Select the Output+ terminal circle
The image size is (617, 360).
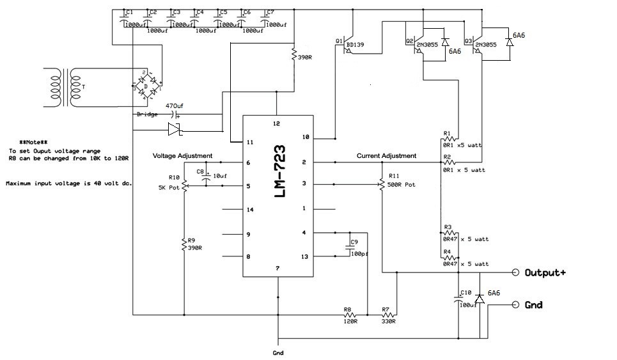coord(515,272)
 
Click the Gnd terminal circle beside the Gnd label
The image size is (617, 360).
coord(515,304)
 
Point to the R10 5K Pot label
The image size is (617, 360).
coord(169,183)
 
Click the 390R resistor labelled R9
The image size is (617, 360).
coord(184,244)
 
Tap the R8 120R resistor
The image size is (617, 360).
coord(350,315)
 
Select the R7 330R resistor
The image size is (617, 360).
coord(389,315)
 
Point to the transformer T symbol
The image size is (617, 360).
coord(63,88)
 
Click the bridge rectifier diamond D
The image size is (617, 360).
coord(148,86)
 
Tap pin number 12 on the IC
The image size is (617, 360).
coord(276,123)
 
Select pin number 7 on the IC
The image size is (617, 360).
coord(277,269)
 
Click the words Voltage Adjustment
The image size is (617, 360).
coord(183,156)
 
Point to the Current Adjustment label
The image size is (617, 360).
coord(386,156)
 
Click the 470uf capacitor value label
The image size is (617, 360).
coord(175,106)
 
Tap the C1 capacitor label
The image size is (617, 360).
coord(130,13)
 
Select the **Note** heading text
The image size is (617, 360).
coord(33,143)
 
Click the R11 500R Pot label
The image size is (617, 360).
coord(402,180)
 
